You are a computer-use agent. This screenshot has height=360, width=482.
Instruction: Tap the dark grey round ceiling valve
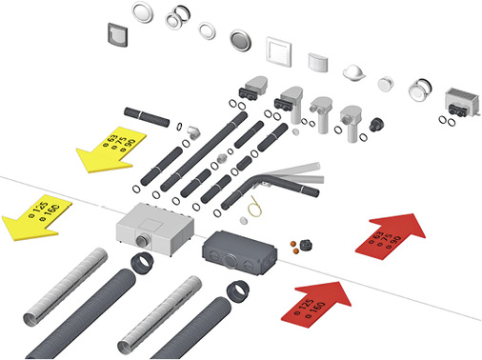coord(238,41)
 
